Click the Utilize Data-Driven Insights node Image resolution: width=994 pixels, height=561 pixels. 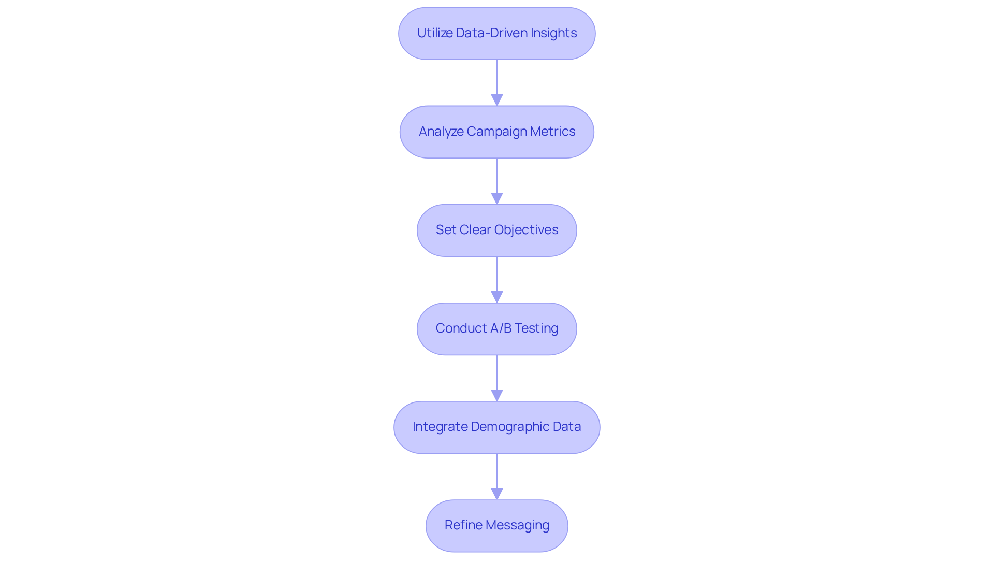coord(497,33)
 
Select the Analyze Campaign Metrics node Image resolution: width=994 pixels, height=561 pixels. coord(497,132)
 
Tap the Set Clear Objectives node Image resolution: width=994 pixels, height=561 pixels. coord(497,230)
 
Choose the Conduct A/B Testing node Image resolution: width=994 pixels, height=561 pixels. coord(497,328)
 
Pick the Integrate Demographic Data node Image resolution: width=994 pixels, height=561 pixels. coord(497,427)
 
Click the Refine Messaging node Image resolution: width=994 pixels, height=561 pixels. coord(497,525)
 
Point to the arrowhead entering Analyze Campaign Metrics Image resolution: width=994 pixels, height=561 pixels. coord(497,100)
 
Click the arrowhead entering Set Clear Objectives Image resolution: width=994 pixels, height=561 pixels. coord(497,198)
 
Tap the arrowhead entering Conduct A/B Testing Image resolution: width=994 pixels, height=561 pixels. coord(497,297)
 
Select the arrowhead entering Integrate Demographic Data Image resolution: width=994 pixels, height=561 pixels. coord(497,395)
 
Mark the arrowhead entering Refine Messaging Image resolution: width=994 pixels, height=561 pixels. coord(497,494)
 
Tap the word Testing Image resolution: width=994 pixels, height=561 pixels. coord(536,328)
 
